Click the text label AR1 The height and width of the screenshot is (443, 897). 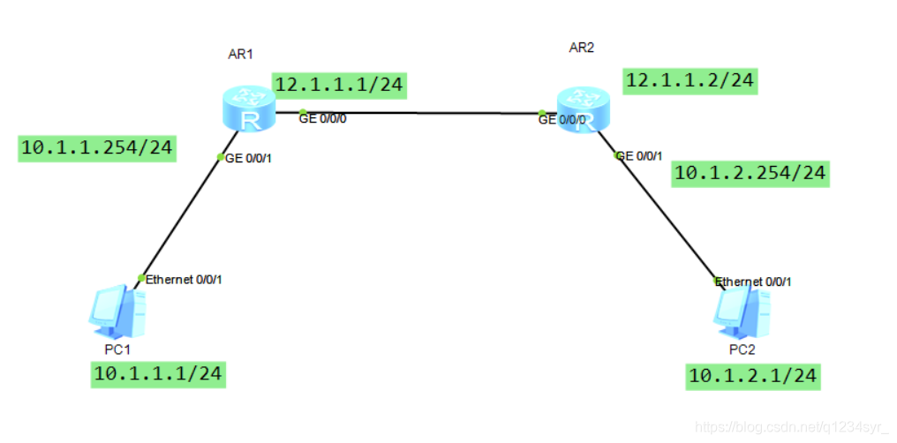pyautogui.click(x=241, y=54)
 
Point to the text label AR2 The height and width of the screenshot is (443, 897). pyautogui.click(x=581, y=48)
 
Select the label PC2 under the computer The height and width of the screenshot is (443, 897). pyautogui.click(x=742, y=350)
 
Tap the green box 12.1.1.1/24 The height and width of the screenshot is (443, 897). pyautogui.click(x=340, y=85)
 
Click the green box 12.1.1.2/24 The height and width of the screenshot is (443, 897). pyautogui.click(x=690, y=81)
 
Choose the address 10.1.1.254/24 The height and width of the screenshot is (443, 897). pyautogui.click(x=96, y=148)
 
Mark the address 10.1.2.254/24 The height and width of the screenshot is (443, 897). pyautogui.click(x=750, y=173)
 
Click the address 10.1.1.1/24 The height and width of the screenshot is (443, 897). pyautogui.click(x=158, y=374)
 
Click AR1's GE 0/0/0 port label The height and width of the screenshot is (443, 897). pyautogui.click(x=322, y=119)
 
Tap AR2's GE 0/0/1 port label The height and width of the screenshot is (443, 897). pyautogui.click(x=637, y=156)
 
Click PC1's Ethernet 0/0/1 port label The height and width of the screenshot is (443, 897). pyautogui.click(x=185, y=280)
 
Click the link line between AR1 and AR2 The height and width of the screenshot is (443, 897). pyautogui.click(x=415, y=113)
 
